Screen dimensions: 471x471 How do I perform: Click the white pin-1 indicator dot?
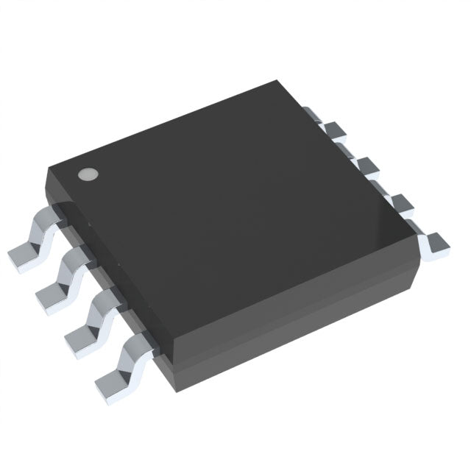pos(88,174)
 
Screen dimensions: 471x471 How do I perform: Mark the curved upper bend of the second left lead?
pos(77,258)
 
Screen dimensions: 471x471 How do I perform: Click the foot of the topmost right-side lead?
pos(337,131)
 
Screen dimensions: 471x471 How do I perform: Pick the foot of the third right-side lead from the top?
pos(399,203)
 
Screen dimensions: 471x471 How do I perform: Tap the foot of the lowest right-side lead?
pos(436,245)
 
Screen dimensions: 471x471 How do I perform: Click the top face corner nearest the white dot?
pos(50,168)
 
